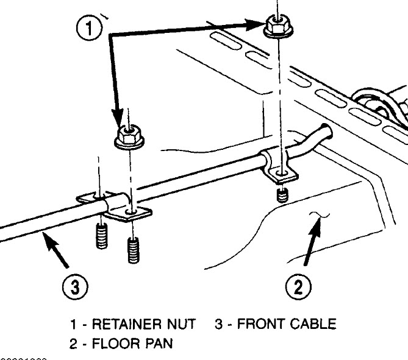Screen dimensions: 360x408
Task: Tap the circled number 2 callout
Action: click(298, 285)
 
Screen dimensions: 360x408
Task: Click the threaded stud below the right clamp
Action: click(281, 196)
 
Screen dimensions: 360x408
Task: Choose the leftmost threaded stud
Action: click(101, 236)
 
